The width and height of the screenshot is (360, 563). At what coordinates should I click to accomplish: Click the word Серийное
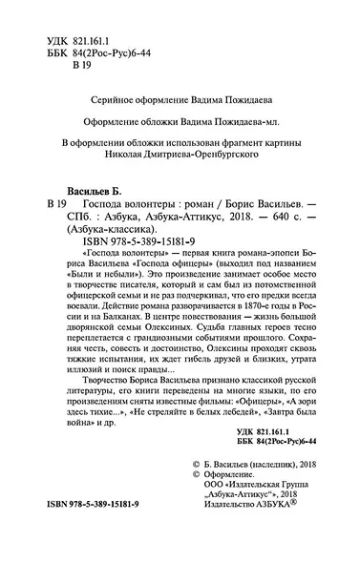[x=93, y=84]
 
